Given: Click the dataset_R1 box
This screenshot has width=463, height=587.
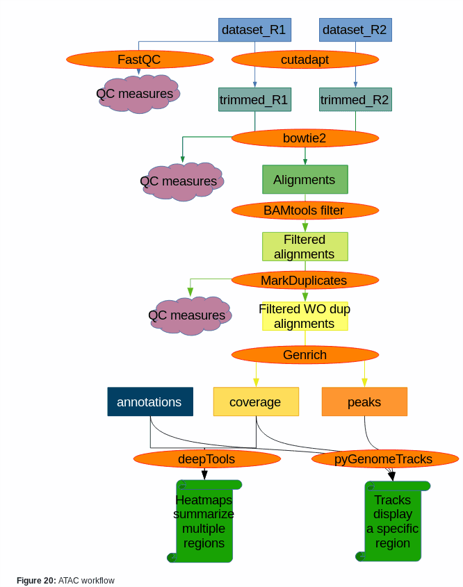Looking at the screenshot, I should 254,30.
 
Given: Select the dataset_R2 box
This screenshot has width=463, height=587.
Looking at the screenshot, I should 355,30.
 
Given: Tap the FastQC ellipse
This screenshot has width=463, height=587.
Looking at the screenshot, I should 140,60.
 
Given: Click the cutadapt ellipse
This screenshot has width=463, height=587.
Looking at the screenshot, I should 304,60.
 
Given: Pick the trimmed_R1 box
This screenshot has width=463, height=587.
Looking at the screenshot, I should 254,100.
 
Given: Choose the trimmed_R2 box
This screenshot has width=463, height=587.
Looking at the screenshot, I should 355,100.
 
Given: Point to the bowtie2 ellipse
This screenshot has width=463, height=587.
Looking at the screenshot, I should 304,138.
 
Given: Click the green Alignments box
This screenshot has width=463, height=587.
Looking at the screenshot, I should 304,179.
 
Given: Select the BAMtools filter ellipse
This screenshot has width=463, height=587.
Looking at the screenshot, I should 304,210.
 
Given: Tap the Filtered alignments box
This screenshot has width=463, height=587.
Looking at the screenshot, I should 304,247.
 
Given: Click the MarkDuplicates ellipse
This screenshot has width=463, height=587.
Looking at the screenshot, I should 304,281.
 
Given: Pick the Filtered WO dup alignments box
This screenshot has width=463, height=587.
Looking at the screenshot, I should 304,316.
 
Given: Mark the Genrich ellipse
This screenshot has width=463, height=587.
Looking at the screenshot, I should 304,355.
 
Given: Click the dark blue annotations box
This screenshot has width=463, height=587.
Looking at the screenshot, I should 149,402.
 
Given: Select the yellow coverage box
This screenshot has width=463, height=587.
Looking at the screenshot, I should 255,402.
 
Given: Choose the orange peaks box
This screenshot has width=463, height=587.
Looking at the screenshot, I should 364,402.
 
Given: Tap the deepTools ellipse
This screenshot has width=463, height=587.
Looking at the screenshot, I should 206,459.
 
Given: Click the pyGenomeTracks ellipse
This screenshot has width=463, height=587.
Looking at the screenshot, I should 384,459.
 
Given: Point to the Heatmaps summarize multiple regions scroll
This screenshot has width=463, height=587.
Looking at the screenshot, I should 204,521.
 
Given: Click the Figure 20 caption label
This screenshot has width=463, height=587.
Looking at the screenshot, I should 65,580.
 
